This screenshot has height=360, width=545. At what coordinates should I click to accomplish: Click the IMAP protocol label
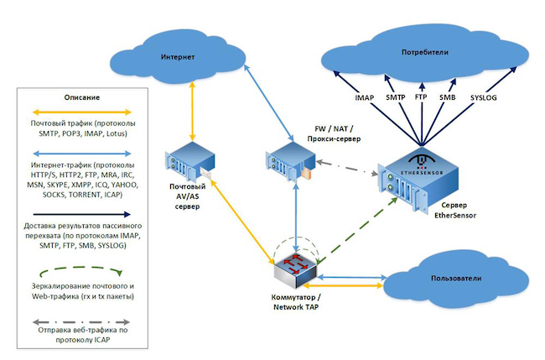pyautogui.click(x=365, y=98)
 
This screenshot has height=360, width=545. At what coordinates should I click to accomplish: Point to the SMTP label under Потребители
pyautogui.click(x=395, y=98)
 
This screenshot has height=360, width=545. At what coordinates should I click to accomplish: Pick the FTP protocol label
pyautogui.click(x=421, y=98)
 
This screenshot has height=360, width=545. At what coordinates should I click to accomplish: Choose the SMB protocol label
pyautogui.click(x=447, y=98)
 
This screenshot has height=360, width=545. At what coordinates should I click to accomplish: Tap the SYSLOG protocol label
pyautogui.click(x=483, y=98)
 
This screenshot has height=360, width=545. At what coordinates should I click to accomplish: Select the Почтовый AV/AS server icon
pyautogui.click(x=186, y=161)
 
